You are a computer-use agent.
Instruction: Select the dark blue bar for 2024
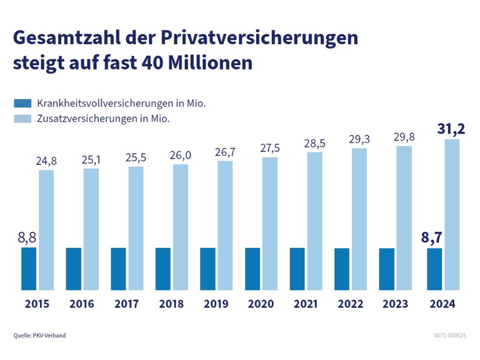(x=434, y=269)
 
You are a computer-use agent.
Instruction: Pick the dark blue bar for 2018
(x=163, y=269)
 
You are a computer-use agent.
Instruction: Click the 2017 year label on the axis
(x=127, y=304)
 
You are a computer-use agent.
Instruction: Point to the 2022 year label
(x=350, y=304)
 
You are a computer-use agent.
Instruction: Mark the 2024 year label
(x=442, y=304)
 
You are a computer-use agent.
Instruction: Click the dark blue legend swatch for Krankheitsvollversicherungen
(x=22, y=103)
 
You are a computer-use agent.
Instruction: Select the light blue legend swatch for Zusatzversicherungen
(x=22, y=118)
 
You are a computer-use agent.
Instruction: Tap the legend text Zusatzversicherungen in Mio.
(x=103, y=118)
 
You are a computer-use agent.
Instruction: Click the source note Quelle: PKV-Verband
(x=40, y=335)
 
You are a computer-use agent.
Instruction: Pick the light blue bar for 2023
(x=404, y=218)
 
